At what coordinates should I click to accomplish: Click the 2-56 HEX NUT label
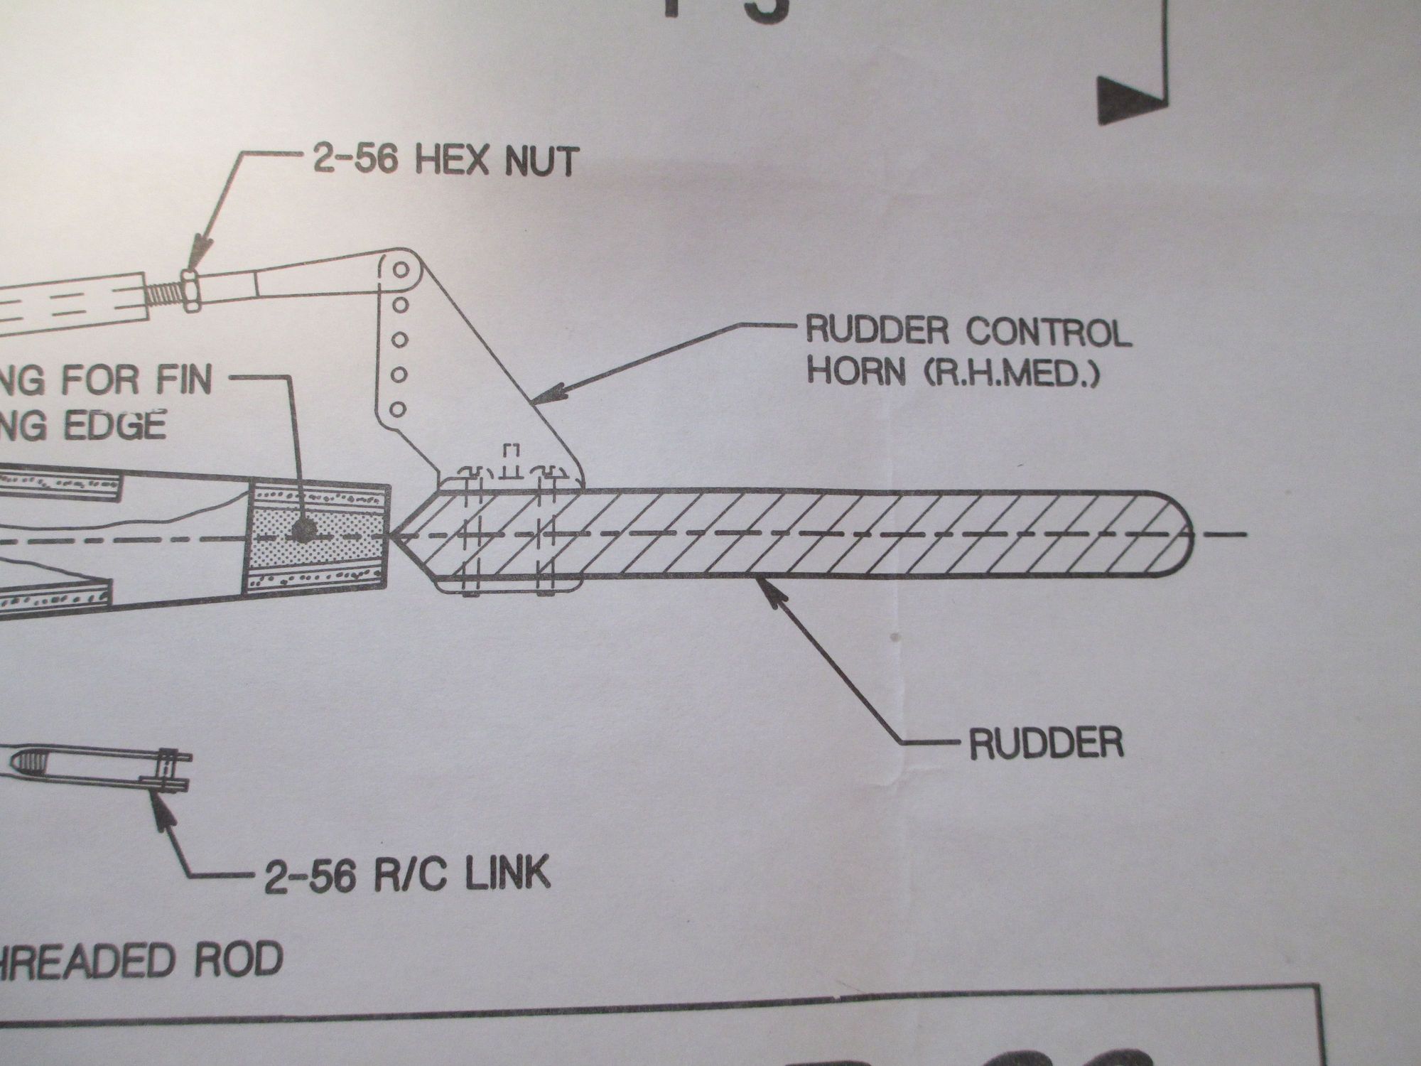coord(444,161)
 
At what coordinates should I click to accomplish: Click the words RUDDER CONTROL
coord(966,333)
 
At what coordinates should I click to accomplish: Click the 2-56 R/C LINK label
coord(407,876)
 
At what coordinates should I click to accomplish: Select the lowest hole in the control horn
coord(399,409)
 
